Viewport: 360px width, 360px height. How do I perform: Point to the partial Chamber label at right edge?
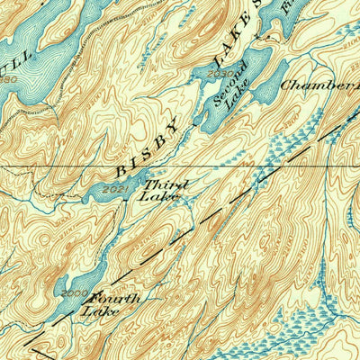click(319, 85)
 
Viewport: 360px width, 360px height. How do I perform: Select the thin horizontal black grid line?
click(54, 166)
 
